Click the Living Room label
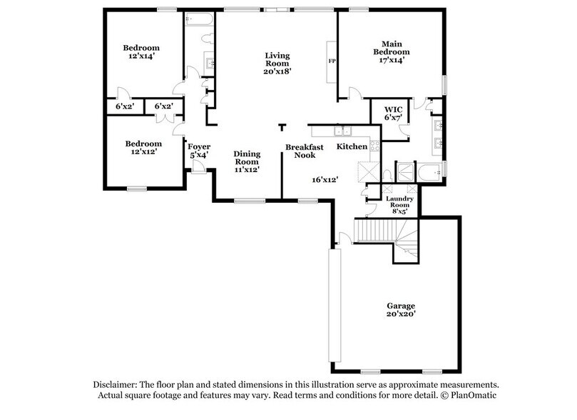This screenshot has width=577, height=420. (x=277, y=63)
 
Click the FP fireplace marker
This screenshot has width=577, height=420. (x=332, y=62)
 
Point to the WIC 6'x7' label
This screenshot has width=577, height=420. (x=394, y=113)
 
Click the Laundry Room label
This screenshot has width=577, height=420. (x=399, y=205)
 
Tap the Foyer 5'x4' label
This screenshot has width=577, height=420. (x=199, y=151)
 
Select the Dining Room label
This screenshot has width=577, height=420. (x=247, y=161)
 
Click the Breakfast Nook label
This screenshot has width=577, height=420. (x=305, y=151)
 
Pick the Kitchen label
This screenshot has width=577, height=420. (x=352, y=146)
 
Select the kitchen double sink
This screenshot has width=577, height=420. (x=344, y=131)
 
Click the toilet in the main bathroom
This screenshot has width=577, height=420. (x=386, y=174)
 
